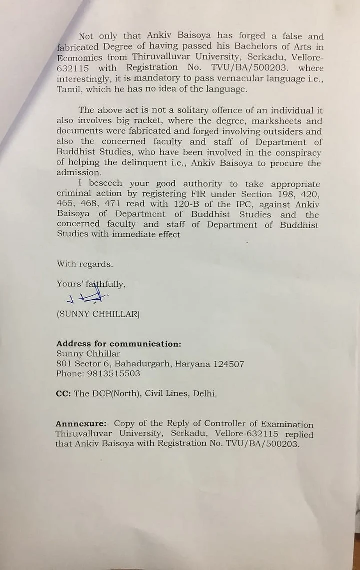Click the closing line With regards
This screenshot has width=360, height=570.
point(85,264)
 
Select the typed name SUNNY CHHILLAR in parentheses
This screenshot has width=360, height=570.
point(98,314)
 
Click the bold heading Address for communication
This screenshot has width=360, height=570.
point(119,344)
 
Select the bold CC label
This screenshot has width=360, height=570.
point(63,394)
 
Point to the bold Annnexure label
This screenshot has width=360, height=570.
point(81,424)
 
